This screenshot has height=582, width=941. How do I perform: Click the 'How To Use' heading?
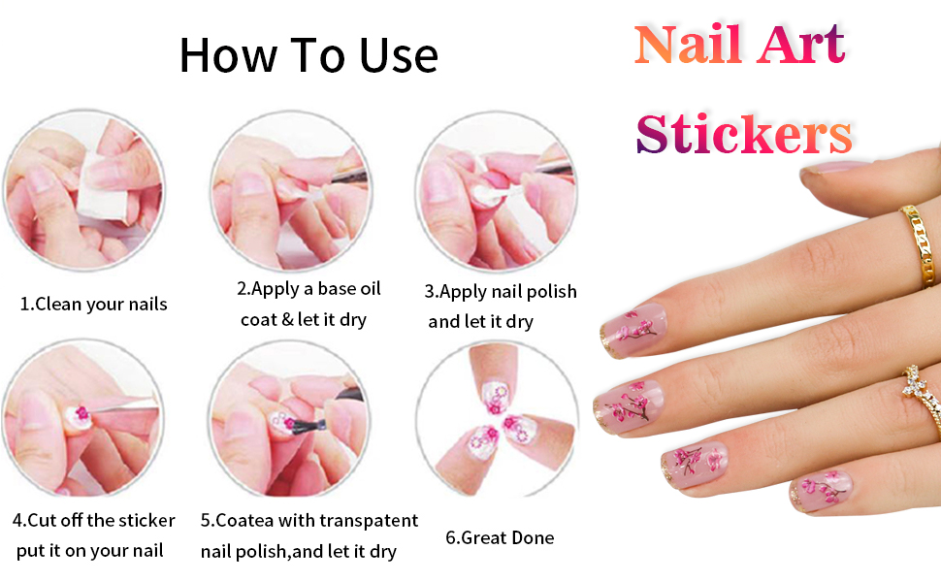[x=308, y=55]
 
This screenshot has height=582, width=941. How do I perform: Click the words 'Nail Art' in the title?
[x=739, y=44]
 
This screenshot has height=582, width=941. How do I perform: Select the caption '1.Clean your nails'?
[x=94, y=304]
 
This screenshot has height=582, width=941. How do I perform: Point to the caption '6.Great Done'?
[x=500, y=537]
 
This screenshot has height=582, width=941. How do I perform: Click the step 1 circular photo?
[x=81, y=190]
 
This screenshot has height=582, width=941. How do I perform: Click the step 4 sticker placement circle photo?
[x=81, y=417]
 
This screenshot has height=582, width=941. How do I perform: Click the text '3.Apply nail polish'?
[x=501, y=291]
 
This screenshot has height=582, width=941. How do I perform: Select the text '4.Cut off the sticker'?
[x=94, y=521]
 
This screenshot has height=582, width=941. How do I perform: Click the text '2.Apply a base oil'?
[x=309, y=289]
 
